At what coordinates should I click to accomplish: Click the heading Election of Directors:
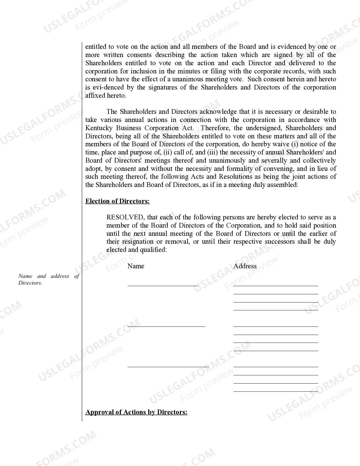tap(117, 201)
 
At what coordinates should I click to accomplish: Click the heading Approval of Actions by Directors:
tap(136, 412)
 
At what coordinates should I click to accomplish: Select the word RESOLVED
tap(125, 217)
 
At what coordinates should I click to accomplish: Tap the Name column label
tap(136, 266)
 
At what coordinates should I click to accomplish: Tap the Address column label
tap(245, 266)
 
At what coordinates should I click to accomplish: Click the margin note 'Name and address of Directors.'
tap(49, 279)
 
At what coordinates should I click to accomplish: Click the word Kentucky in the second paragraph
tap(99, 128)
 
